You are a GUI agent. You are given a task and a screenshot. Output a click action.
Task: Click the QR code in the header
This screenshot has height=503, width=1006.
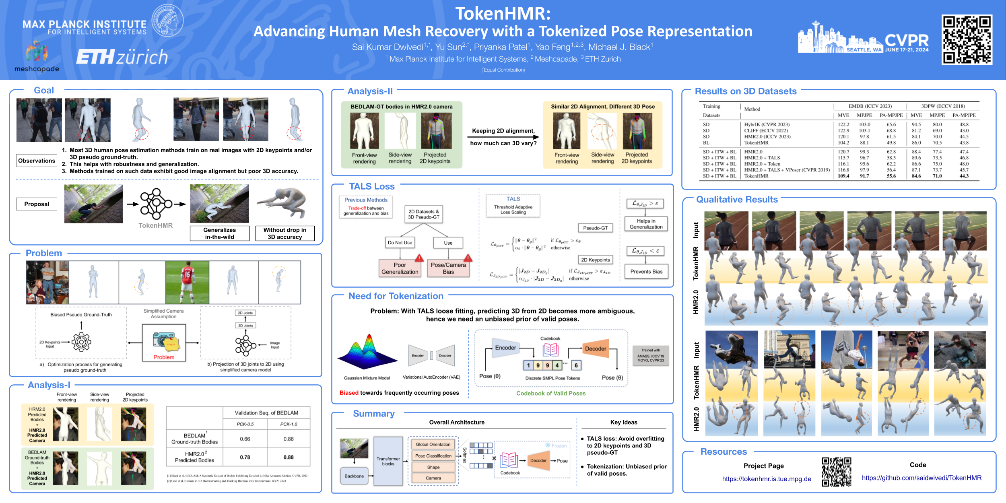pos(967,39)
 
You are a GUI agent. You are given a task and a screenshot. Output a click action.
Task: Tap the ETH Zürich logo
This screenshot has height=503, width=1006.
pos(122,57)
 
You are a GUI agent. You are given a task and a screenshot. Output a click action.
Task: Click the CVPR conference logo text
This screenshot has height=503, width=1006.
pos(907,40)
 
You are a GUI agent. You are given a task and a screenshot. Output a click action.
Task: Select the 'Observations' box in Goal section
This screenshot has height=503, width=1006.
pos(37,161)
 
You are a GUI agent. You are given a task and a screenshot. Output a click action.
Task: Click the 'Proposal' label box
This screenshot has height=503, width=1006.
pos(37,204)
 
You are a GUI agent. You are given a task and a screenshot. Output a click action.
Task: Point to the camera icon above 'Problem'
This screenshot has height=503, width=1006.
pos(164,340)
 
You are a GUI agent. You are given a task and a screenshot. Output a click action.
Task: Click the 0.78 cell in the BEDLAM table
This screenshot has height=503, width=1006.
pos(245,457)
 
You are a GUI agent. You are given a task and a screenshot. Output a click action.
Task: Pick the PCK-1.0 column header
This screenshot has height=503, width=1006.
pos(289,424)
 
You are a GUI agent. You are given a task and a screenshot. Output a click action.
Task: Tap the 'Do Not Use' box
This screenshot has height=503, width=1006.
pos(400,243)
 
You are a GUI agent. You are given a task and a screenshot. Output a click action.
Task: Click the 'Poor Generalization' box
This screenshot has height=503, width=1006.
pos(400,268)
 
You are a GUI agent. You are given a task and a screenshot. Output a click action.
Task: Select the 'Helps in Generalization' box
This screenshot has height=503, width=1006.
pos(646,224)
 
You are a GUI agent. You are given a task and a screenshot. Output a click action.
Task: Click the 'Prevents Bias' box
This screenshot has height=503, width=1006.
pos(646,272)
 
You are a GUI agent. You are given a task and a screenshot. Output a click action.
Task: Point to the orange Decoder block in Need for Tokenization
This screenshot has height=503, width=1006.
pos(596,348)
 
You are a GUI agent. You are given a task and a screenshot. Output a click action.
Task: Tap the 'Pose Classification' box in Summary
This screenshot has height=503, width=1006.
pos(433,456)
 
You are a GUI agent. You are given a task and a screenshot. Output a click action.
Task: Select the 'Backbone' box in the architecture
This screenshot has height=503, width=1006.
pos(354,476)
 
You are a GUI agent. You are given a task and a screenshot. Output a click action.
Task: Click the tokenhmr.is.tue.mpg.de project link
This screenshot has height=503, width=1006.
pos(767,479)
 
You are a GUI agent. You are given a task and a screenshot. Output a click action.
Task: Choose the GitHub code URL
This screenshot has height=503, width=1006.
pos(921,478)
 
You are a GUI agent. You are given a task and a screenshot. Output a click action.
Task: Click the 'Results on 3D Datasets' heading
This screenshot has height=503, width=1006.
pos(746,91)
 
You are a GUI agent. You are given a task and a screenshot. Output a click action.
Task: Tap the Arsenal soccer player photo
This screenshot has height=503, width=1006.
pos(187,282)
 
